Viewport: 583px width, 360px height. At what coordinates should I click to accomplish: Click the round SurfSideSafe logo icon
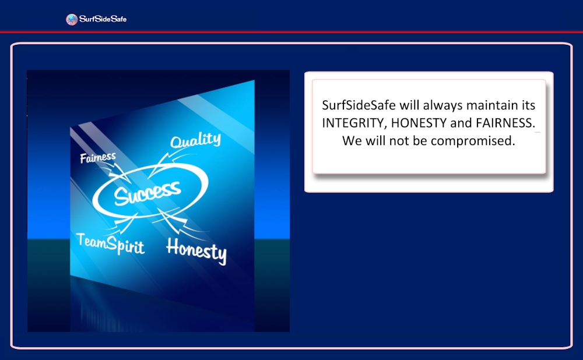[x=72, y=19]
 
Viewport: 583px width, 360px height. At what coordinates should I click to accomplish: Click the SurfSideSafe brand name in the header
[x=103, y=19]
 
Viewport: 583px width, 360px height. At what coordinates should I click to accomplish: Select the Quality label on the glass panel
[x=195, y=140]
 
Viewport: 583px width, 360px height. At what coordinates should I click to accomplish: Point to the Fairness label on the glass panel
[x=98, y=158]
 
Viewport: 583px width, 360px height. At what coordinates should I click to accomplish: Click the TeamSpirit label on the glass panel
[x=110, y=243]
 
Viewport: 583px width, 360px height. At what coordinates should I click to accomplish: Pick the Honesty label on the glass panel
[x=196, y=251]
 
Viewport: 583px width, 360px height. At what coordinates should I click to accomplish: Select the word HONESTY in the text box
[x=419, y=123]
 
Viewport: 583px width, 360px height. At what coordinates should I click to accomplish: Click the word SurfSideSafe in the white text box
[x=359, y=105]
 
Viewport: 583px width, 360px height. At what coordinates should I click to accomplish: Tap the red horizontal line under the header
[x=291, y=32]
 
